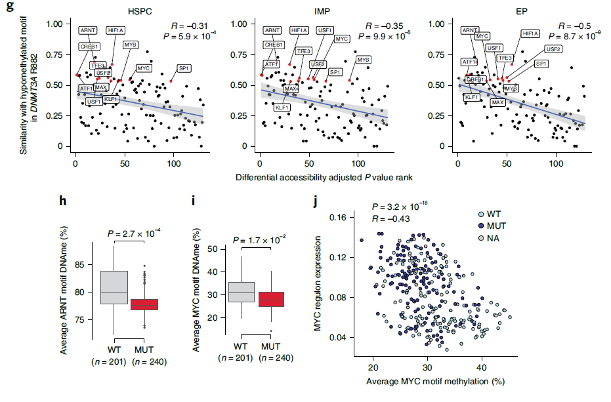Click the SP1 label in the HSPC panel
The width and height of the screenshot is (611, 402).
click(184, 68)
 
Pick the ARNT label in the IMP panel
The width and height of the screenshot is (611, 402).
click(272, 30)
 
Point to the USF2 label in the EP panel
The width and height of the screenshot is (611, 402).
click(553, 49)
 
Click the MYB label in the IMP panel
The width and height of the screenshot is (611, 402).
click(364, 60)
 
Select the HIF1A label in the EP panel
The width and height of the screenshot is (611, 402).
click(530, 33)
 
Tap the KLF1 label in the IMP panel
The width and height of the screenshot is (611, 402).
click(283, 108)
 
